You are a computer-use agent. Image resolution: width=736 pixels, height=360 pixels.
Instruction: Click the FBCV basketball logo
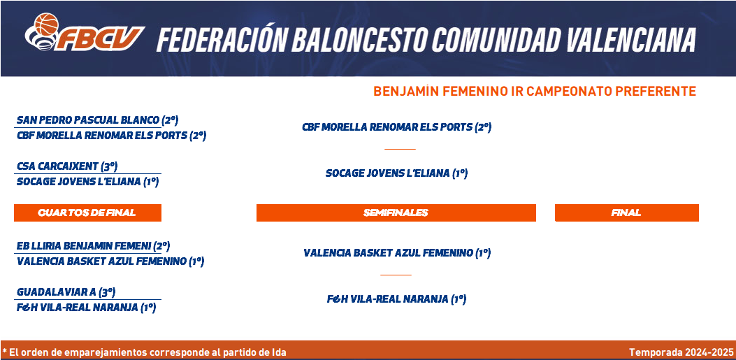[85, 32]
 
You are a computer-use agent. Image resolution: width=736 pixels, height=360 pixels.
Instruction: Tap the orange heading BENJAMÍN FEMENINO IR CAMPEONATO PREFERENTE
[535, 91]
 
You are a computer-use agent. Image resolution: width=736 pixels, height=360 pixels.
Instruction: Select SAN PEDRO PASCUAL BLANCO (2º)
[98, 120]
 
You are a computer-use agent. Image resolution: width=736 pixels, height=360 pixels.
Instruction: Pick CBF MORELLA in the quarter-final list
[112, 136]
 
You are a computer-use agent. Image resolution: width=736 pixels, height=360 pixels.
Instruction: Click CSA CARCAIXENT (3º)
[67, 166]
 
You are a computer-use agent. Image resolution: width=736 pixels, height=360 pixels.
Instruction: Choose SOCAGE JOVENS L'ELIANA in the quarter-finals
[88, 182]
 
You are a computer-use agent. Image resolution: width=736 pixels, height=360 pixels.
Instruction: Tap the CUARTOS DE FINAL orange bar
[88, 213]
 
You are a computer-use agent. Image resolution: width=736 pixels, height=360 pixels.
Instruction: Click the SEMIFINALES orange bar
[396, 213]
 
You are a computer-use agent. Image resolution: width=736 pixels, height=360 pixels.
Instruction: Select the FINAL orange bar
[627, 213]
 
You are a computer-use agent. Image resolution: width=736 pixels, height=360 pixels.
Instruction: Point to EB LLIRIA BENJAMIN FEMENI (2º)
[93, 245]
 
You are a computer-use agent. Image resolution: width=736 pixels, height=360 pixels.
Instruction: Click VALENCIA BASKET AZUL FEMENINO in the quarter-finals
[110, 261]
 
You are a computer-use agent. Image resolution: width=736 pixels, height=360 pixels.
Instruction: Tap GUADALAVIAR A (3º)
[66, 292]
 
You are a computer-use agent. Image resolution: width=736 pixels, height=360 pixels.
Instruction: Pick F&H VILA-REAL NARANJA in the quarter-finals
[87, 308]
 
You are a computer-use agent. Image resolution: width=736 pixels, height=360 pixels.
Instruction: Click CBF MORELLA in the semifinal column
[396, 127]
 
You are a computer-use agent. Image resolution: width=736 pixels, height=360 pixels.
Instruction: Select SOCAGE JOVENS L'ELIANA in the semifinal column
[396, 173]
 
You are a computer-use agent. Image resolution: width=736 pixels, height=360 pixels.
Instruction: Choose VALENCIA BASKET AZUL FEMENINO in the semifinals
[397, 253]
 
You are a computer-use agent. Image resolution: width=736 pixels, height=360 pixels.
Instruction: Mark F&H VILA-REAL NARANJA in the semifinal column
[396, 299]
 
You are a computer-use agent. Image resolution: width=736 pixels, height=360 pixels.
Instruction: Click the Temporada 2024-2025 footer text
[681, 352]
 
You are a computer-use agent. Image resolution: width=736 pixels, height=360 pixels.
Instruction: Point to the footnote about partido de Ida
[144, 352]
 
